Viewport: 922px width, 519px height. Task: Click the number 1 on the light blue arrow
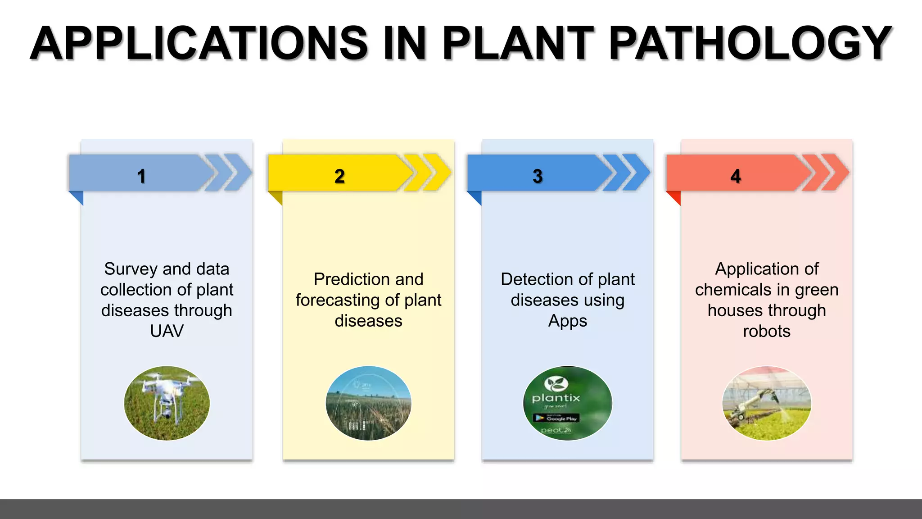point(141,176)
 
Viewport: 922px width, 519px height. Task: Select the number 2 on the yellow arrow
point(339,176)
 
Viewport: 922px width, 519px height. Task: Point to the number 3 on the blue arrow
point(538,176)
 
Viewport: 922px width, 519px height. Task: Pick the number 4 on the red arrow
point(736,176)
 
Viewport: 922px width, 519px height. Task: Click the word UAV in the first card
point(167,331)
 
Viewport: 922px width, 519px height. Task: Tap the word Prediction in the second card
point(346,279)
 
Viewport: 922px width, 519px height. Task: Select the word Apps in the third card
point(567,321)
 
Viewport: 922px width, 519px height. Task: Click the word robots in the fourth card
point(767,331)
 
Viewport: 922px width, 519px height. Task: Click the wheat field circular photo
point(368,403)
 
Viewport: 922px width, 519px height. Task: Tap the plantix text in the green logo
point(556,398)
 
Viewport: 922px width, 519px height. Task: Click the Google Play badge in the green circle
point(556,418)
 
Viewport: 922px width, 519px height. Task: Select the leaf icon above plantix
point(556,383)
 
